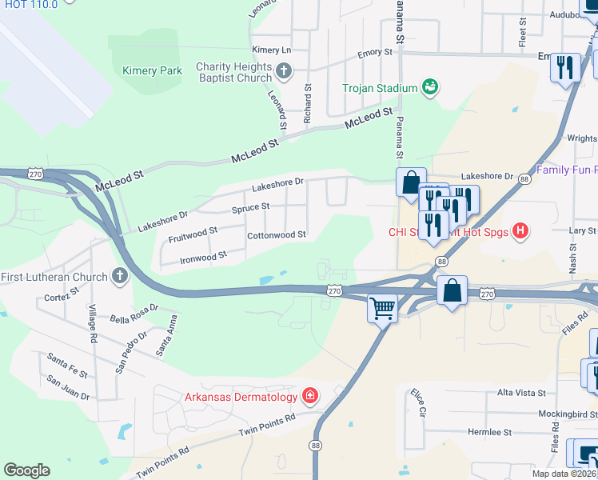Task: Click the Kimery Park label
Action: (x=152, y=70)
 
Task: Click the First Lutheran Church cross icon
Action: (x=120, y=277)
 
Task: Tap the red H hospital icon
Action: (x=520, y=232)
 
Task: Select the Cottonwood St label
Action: (x=277, y=235)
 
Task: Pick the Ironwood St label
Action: (x=203, y=257)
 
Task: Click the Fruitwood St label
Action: (x=193, y=235)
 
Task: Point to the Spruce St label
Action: (x=250, y=206)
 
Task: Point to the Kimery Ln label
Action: (x=271, y=50)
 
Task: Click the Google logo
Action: (x=26, y=470)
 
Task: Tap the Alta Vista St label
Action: (x=521, y=393)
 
